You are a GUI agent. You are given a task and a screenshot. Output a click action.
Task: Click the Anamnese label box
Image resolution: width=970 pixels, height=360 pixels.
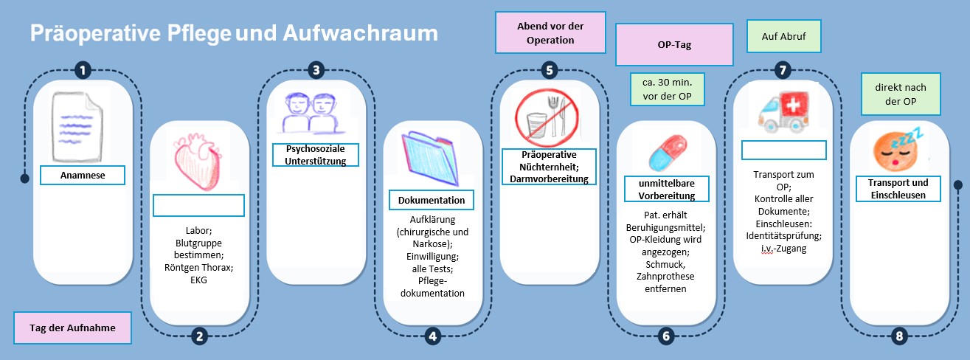[83, 176]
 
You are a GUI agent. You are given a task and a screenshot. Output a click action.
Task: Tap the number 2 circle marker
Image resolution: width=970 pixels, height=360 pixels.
[199, 336]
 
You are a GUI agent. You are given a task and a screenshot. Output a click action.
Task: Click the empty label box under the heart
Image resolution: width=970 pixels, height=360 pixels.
[198, 206]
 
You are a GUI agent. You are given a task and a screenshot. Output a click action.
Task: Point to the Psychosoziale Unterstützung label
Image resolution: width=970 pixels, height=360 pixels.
[315, 155]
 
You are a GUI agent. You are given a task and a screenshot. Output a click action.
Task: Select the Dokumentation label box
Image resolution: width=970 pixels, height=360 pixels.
[432, 200]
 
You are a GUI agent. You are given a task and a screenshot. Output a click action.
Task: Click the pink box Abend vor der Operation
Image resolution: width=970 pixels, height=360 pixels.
[550, 32]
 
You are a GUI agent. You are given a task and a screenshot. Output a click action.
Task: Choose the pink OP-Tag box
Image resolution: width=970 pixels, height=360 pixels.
[673, 44]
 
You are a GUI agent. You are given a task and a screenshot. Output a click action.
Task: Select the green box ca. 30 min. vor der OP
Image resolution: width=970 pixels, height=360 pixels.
[668, 89]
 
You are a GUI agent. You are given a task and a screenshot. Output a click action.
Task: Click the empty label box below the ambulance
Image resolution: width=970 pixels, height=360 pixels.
[783, 150]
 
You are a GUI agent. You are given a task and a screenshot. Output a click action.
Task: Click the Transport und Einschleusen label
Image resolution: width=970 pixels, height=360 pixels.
[898, 189]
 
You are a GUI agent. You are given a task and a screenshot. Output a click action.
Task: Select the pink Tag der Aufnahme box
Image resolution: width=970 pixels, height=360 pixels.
[72, 328]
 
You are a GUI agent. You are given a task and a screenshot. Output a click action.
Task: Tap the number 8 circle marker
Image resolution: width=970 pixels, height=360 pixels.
[898, 336]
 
